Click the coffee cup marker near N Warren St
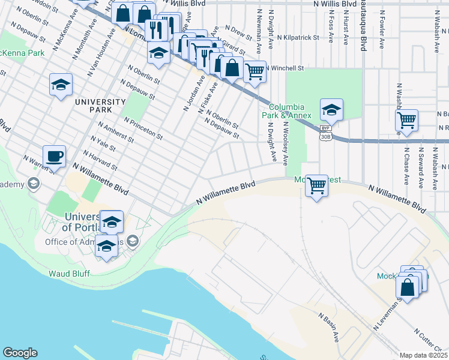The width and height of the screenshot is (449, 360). point(53,156)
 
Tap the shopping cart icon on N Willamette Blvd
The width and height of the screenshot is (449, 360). point(316,185)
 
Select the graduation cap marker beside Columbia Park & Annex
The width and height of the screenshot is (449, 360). point(331,110)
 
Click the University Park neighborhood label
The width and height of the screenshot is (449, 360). point(100,106)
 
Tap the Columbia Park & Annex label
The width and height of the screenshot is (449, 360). point(284,110)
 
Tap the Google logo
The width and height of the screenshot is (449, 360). point(20,353)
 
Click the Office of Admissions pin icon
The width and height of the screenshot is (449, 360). point(133,242)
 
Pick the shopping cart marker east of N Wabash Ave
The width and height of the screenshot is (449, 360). point(407,119)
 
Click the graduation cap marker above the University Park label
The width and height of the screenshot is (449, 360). point(61,85)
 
